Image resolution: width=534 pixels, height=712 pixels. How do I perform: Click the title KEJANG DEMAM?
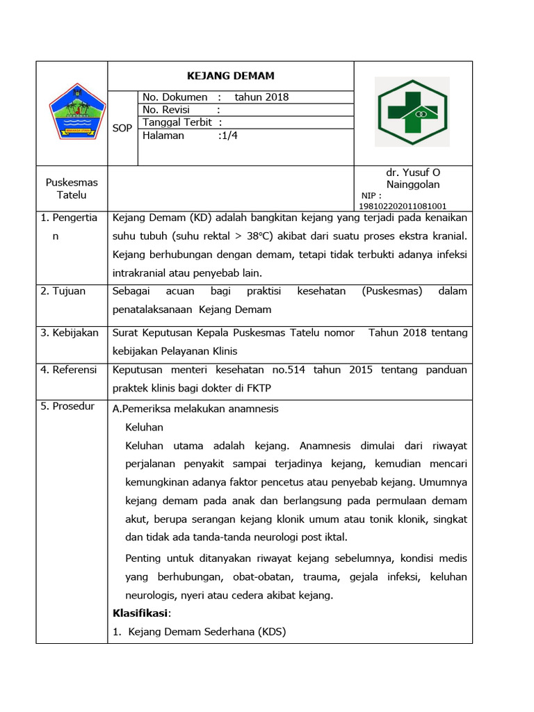point(231,76)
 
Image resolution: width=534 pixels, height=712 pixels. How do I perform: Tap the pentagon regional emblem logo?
point(76,111)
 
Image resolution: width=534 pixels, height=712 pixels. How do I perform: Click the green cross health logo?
point(412,112)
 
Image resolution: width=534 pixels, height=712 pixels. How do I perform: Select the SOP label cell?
point(122,128)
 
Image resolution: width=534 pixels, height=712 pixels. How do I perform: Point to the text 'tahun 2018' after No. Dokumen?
point(261,97)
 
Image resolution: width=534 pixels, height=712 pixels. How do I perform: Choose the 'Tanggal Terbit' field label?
point(177,122)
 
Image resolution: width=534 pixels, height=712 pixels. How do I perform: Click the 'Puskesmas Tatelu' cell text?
point(72,188)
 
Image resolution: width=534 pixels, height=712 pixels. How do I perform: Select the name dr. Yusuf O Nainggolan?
point(413,179)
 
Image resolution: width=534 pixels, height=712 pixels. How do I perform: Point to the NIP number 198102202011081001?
point(403,206)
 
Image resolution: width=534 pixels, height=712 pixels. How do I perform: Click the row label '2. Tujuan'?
point(63,291)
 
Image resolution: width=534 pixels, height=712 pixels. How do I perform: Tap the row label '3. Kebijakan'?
point(70,333)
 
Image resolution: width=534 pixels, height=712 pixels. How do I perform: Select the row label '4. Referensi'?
point(70,370)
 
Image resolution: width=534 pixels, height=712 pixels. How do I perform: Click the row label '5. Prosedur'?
point(68,406)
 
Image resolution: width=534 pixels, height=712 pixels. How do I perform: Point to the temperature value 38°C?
point(261,236)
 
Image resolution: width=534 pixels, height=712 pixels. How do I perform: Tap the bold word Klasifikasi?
point(140,613)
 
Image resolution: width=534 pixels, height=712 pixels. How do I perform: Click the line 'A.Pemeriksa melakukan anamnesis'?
point(195,409)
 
